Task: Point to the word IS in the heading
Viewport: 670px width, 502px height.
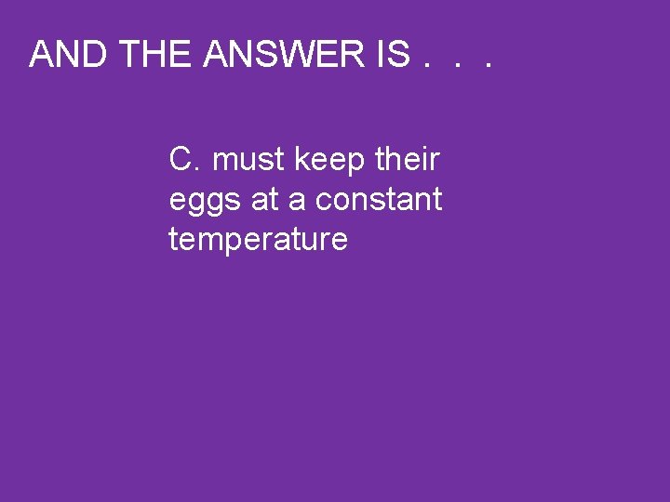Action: click(391, 55)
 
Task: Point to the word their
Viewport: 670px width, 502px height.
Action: click(407, 160)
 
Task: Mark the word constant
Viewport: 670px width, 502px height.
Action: click(379, 200)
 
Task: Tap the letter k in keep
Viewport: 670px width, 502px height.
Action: click(301, 160)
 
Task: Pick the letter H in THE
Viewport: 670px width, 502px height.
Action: click(157, 55)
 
